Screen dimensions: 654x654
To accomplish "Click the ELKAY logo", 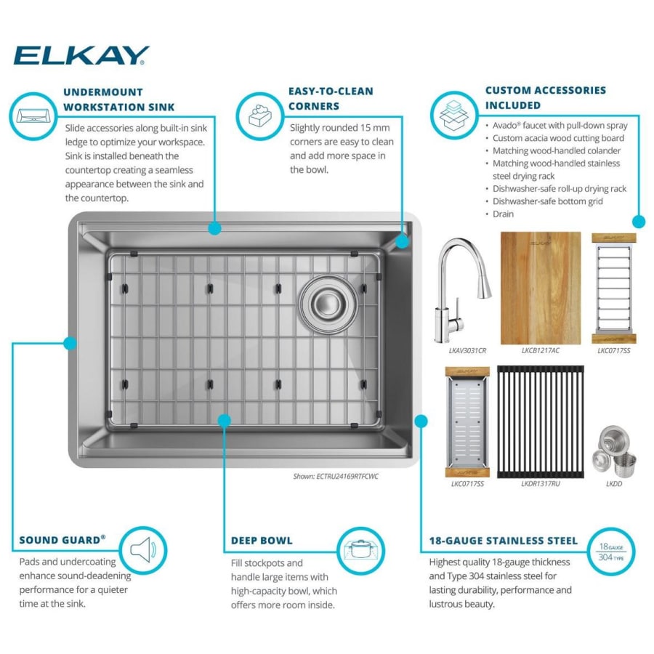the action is coord(81,55).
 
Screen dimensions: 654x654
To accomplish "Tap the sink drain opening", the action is coord(328,304).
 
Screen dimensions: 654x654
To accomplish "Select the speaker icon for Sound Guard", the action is coord(142,550).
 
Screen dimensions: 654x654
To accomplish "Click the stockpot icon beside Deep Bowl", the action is coord(360,550).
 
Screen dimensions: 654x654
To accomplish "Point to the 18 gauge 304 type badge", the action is coord(611,552).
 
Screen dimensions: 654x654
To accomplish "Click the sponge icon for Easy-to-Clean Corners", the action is coord(259,116).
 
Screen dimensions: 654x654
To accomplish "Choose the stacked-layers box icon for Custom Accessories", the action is coord(453,115).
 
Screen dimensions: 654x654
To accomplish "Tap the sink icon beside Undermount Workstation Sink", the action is coord(33,116).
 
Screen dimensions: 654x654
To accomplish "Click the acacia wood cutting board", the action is coord(541,288).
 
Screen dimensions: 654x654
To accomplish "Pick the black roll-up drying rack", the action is coord(541,421).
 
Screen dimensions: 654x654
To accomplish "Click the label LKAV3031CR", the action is coord(467,351).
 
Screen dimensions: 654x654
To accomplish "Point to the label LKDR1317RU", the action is coord(541,484).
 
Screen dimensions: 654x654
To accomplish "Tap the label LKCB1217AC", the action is coord(541,351).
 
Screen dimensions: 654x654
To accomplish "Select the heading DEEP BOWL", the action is coord(262,541).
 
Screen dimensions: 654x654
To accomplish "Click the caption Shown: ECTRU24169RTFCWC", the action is coord(336,476).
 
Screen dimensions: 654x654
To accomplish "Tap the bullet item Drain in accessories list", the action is coord(503,214).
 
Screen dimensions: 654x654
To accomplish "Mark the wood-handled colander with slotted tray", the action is coord(467,421).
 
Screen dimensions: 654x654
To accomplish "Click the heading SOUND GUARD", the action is coord(62,540).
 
